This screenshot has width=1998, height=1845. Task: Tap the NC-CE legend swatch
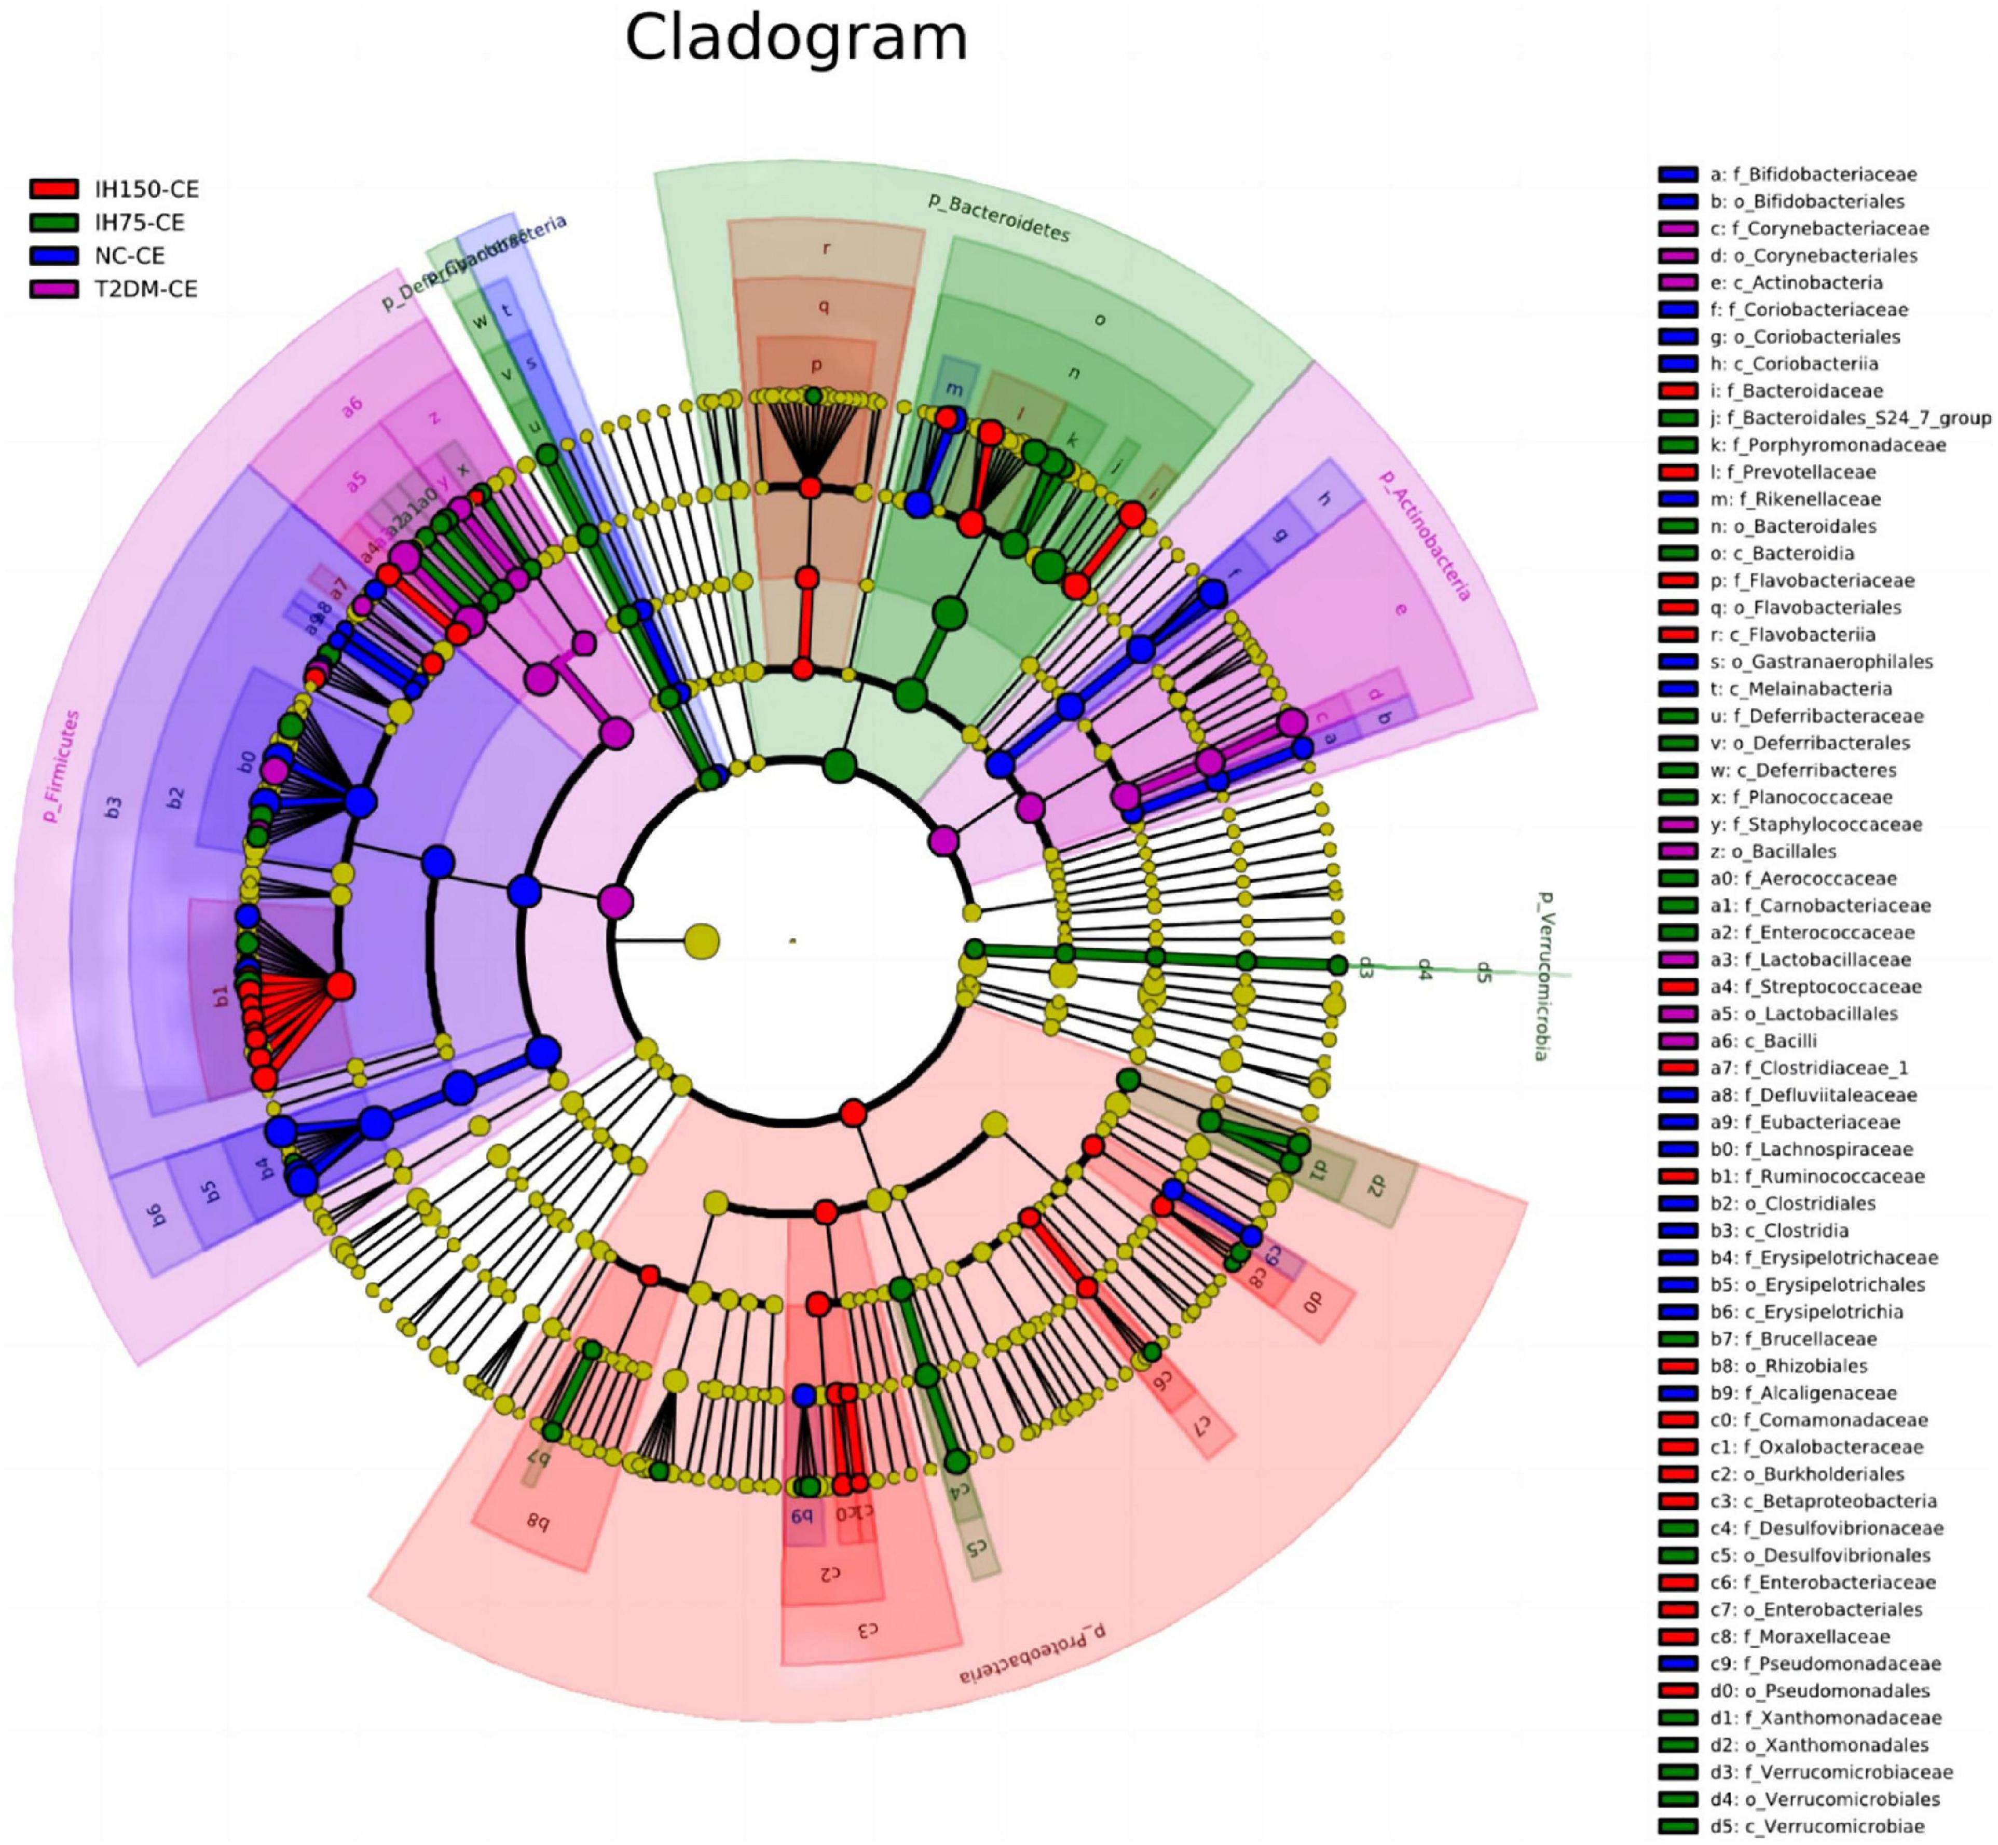coord(54,255)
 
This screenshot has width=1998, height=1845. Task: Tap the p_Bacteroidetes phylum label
coord(998,216)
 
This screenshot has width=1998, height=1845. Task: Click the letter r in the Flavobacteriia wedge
coord(826,248)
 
